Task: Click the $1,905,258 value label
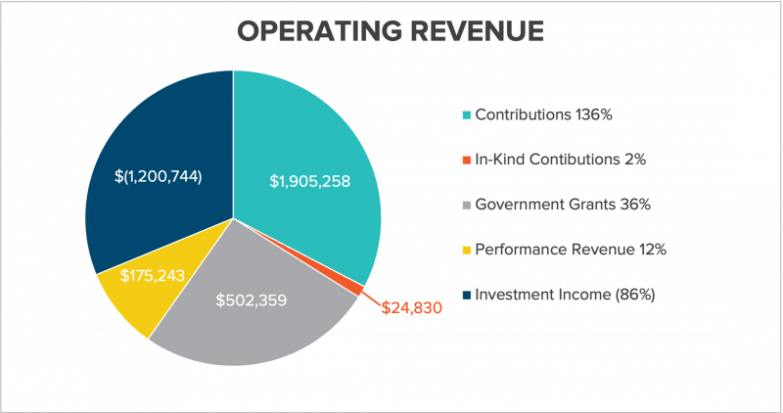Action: point(310,181)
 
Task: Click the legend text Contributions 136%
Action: point(543,115)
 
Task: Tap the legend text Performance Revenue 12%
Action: point(571,249)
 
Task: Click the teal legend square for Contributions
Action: point(467,115)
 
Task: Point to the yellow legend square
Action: point(467,249)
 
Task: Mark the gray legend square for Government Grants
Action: point(467,204)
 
